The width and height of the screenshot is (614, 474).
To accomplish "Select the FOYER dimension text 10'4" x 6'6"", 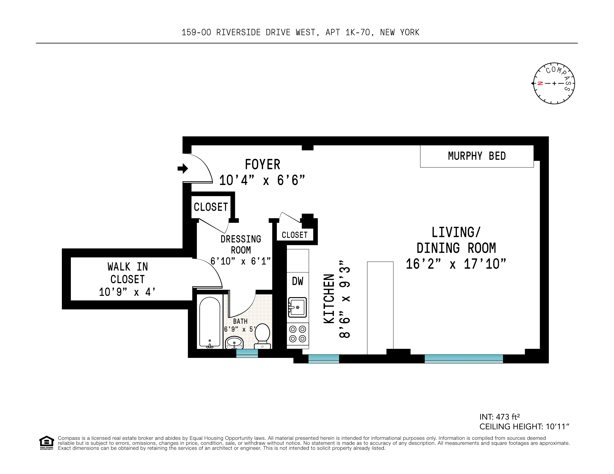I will point(262,180).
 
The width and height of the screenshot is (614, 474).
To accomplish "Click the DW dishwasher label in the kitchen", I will point(297,281).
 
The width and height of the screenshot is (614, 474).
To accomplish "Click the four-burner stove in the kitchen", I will point(297,334).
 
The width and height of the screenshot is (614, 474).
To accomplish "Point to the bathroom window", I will point(247,353).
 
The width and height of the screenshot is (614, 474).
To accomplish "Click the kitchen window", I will point(324,359).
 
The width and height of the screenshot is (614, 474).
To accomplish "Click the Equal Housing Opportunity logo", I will point(46,443).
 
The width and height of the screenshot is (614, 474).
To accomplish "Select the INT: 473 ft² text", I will point(499,417).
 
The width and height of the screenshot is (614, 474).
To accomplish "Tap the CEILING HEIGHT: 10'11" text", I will point(524,426).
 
